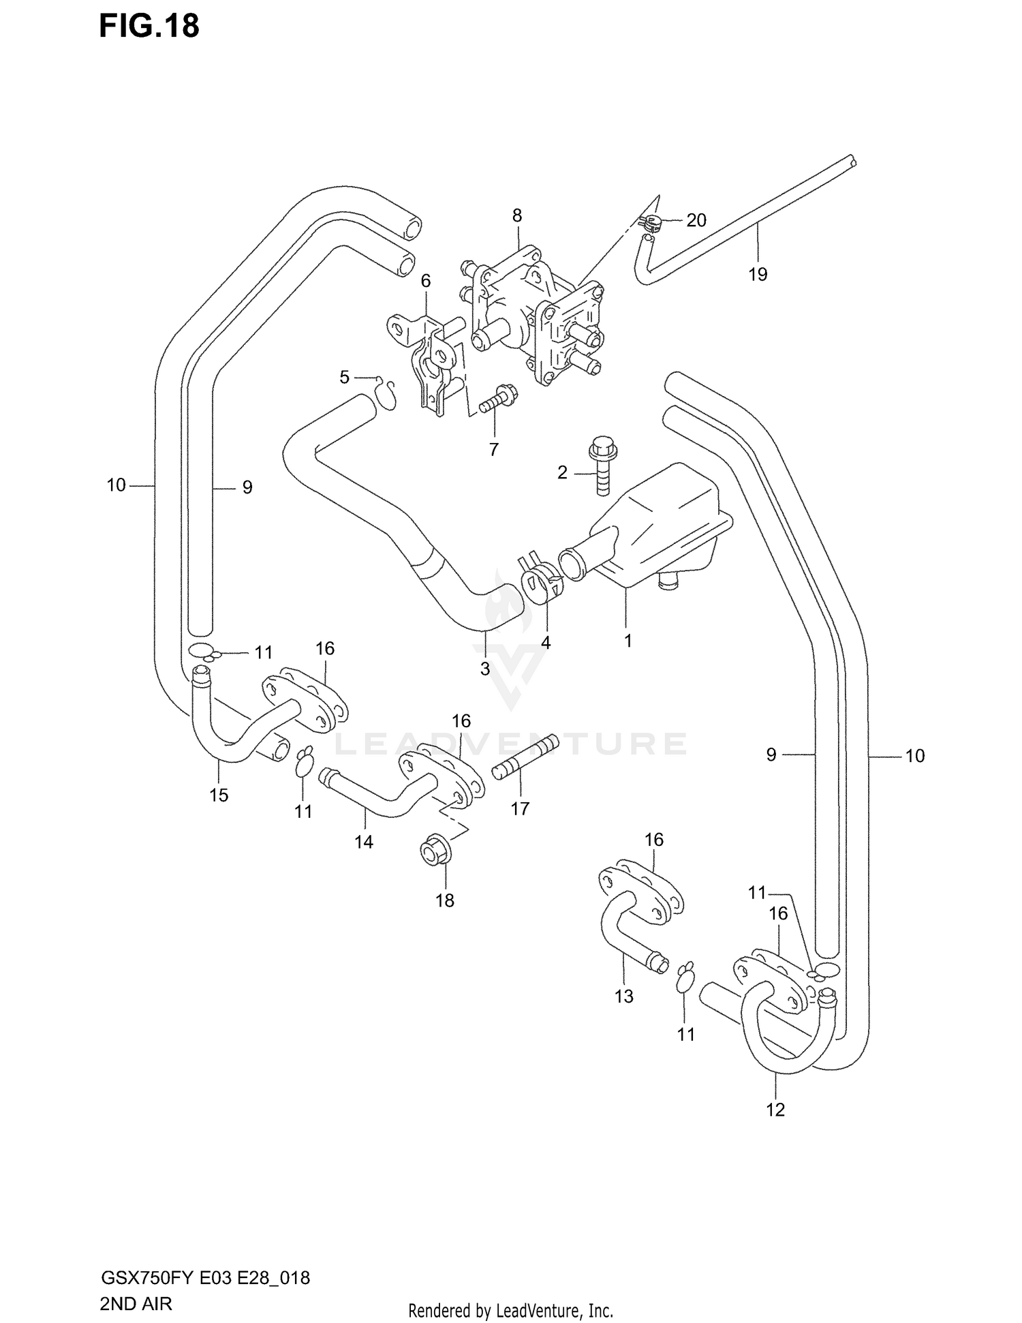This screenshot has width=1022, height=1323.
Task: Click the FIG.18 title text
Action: point(149,26)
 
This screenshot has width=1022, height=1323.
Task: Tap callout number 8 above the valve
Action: point(517,216)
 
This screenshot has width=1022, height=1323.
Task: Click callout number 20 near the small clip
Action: point(696,220)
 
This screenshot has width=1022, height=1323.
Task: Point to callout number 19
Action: point(758,274)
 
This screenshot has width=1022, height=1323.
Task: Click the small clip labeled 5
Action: point(387,395)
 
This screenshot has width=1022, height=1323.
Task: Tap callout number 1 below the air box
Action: point(628,641)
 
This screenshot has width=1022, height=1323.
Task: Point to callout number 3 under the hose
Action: point(485,669)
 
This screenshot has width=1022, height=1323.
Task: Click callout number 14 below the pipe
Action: point(364,842)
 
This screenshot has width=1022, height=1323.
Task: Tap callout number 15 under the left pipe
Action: point(219,795)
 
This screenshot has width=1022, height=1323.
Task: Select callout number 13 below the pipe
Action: point(624,996)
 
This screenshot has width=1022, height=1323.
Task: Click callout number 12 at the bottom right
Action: point(775,1110)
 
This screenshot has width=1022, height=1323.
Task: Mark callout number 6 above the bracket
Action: point(426,281)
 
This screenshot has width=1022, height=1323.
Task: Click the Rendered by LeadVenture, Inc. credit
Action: point(510,1311)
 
